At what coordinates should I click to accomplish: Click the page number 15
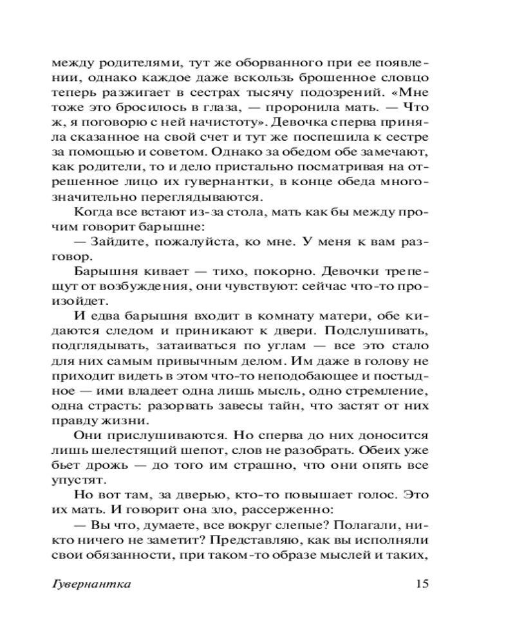422,584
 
